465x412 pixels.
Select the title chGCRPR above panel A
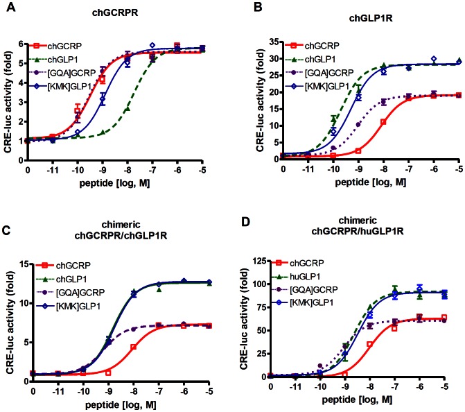pos(115,12)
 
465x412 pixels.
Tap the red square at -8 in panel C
pos(133,347)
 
